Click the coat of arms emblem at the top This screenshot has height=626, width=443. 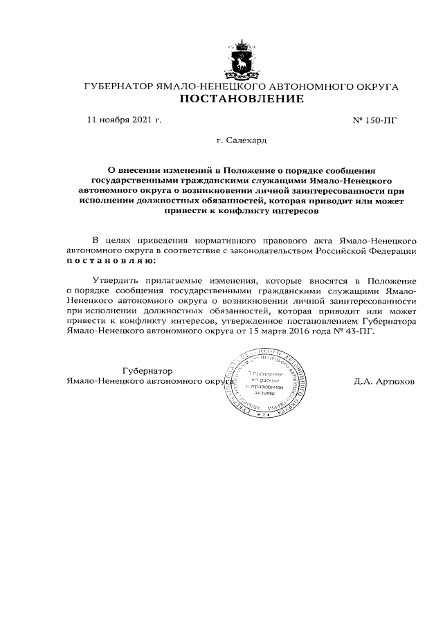(242, 59)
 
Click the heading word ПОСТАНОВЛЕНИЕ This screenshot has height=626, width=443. (242, 100)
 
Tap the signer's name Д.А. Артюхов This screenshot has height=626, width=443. (383, 381)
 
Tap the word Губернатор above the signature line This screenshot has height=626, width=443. (147, 371)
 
